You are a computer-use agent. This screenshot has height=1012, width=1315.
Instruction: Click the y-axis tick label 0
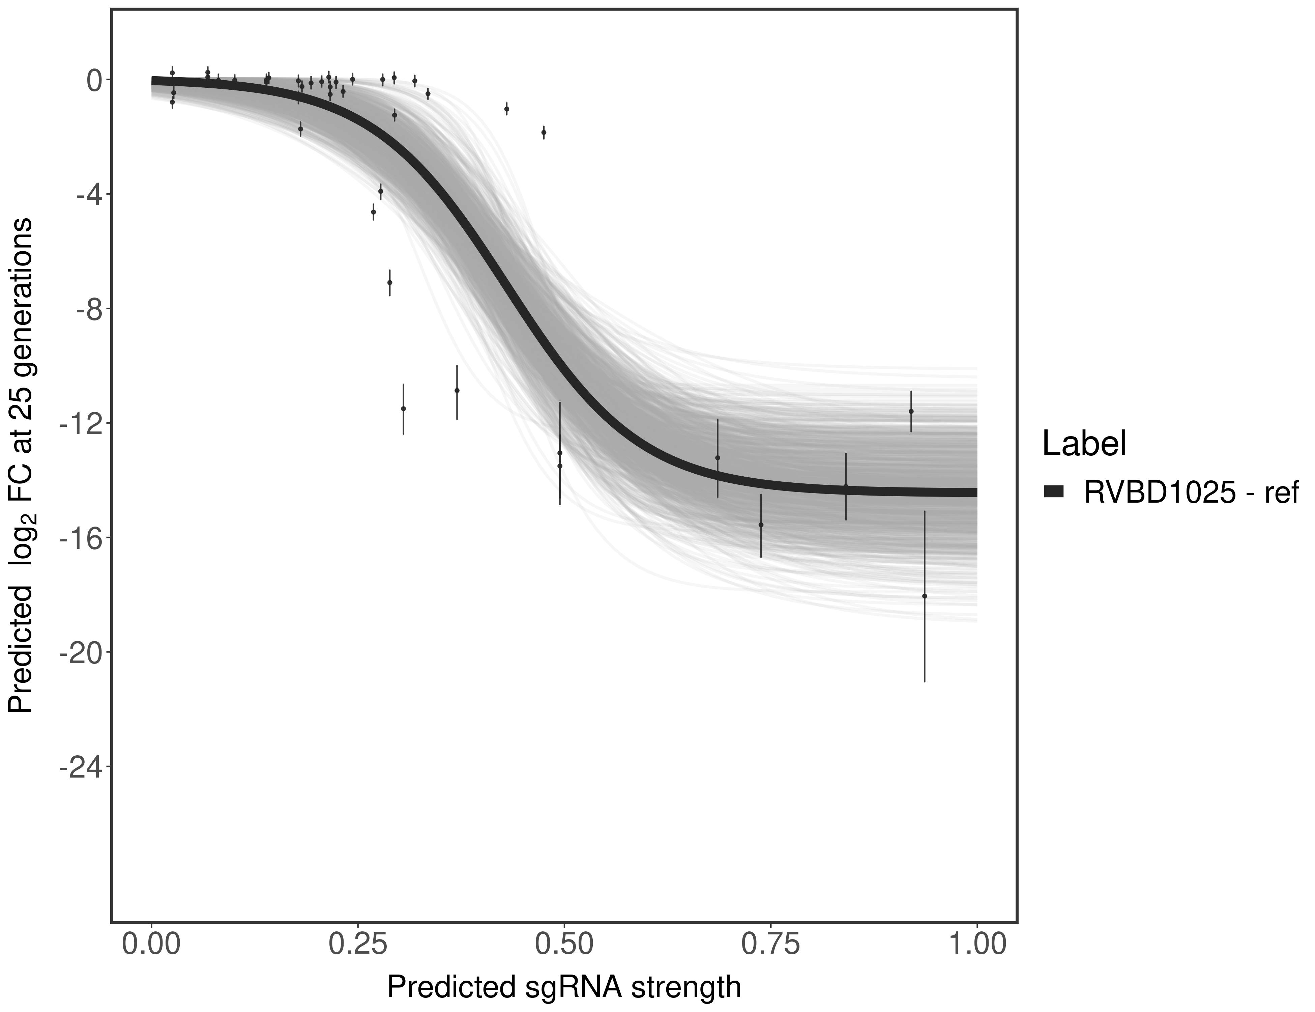[94, 80]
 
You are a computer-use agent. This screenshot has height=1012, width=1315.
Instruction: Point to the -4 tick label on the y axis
[87, 195]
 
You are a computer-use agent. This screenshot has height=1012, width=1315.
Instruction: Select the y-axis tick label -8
[87, 309]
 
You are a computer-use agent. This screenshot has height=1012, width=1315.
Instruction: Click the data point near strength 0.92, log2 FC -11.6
[911, 412]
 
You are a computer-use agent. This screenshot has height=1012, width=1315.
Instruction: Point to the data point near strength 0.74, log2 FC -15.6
[761, 525]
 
